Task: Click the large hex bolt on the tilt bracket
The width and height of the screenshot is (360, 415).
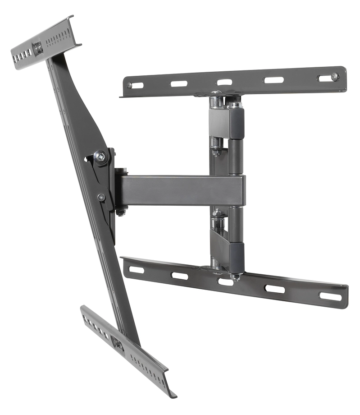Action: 100,157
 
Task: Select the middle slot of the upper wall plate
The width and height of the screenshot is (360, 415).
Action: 224,82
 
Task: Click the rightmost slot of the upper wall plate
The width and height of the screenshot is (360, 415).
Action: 324,78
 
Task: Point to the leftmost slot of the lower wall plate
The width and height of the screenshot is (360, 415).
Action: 136,269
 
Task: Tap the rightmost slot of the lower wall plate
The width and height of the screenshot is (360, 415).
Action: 330,296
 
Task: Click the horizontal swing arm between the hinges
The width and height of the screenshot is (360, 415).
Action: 180,190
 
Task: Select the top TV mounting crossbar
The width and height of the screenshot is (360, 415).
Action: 45,43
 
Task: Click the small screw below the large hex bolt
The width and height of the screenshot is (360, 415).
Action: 101,197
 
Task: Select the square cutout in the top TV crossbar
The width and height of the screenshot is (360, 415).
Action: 38,46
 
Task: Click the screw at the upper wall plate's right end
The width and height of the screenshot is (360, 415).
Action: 334,77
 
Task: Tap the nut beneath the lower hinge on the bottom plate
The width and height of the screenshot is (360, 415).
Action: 234,277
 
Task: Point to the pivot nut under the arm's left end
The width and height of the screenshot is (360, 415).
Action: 121,211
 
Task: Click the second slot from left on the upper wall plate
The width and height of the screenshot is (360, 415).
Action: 179,83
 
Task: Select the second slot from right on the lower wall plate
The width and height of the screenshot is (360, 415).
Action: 274,289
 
